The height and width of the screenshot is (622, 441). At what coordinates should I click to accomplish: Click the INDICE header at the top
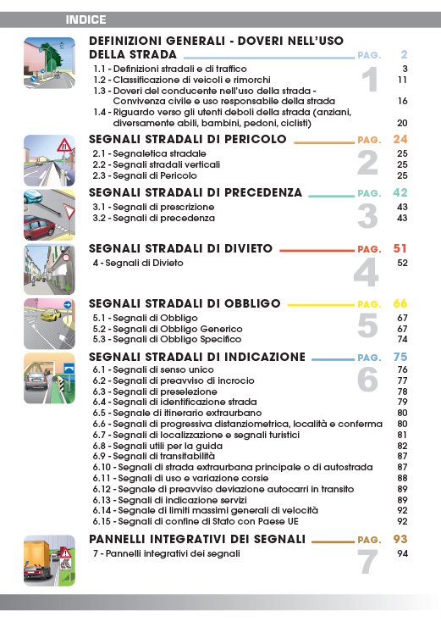88,18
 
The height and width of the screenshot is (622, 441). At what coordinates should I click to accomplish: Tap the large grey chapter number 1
369,81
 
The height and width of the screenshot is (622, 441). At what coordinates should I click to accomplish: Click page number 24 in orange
400,139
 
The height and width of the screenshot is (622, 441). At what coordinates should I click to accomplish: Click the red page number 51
400,249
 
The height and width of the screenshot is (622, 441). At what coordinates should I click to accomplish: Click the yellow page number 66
400,303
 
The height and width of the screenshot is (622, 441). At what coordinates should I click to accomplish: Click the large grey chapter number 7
367,560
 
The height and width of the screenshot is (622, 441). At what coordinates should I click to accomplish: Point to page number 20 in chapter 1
403,122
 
